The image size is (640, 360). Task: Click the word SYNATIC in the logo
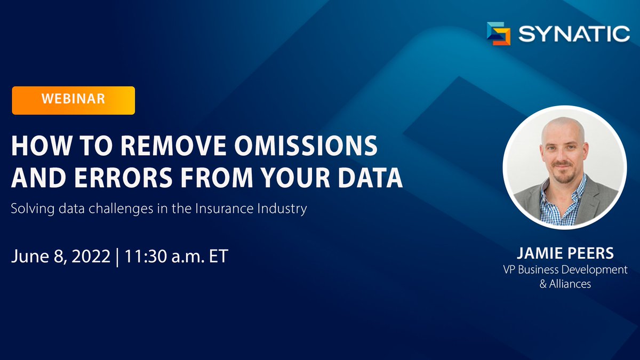point(574,34)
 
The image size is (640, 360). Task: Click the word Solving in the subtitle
point(30,208)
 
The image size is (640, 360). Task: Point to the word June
point(28,256)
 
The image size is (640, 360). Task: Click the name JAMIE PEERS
point(565,254)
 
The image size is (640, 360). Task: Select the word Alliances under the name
point(570,284)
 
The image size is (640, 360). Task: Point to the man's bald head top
point(563,125)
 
